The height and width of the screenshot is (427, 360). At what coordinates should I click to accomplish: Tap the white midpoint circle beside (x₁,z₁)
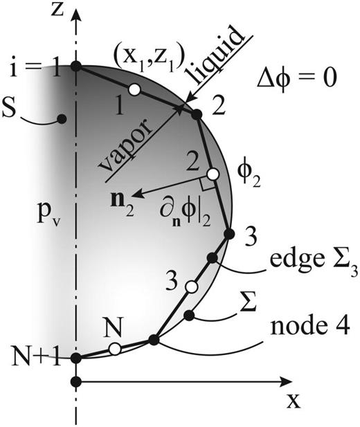click(x=134, y=89)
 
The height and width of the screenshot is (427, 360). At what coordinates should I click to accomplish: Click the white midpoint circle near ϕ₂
click(x=213, y=174)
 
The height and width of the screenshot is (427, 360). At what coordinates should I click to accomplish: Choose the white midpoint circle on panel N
click(x=115, y=349)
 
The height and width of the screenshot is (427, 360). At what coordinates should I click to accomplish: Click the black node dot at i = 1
click(x=76, y=66)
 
